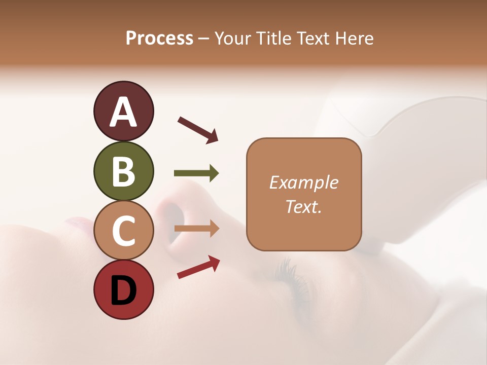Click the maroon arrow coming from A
click(x=198, y=130)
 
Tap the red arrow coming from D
click(x=198, y=267)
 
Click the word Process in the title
click(x=159, y=38)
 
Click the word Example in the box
click(x=304, y=182)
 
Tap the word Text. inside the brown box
click(x=304, y=207)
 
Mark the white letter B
click(x=124, y=171)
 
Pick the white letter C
click(x=124, y=231)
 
